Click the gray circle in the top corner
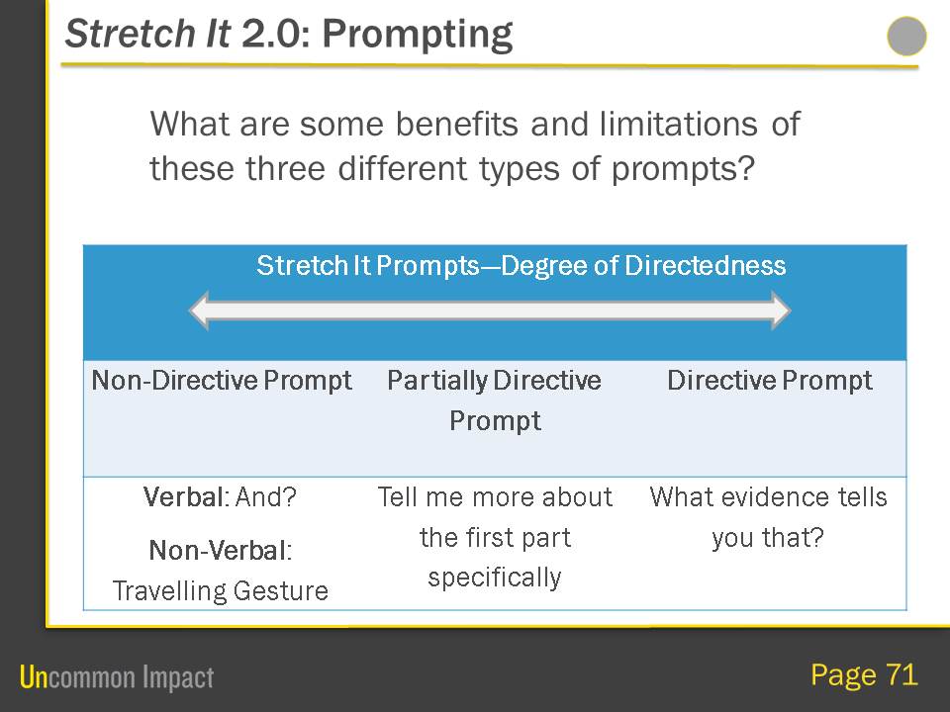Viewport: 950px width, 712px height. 906,37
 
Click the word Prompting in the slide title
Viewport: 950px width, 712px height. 418,35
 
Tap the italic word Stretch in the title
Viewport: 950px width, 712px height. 130,33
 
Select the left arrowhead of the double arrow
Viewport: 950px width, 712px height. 199,310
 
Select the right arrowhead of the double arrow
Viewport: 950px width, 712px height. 781,310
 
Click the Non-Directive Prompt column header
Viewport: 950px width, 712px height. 221,381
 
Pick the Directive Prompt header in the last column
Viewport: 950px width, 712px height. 770,381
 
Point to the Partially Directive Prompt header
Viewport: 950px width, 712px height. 495,400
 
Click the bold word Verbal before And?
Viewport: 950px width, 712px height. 184,497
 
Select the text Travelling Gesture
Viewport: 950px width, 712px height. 221,591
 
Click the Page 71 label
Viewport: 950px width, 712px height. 865,674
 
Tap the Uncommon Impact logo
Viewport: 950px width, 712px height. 117,676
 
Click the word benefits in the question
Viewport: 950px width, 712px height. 457,125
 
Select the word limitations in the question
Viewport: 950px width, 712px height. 678,125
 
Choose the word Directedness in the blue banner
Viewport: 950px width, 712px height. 706,266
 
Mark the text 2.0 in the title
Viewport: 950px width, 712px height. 271,34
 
